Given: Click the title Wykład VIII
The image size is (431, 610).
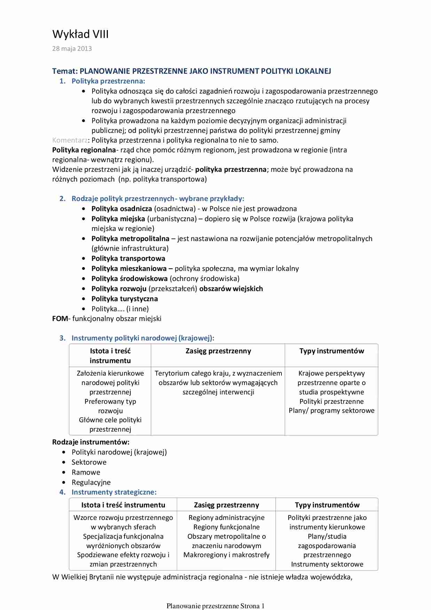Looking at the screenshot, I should point(80,34).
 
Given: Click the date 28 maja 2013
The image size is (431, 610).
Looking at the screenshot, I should point(72,49).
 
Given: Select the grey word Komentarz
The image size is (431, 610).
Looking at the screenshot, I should point(70,140).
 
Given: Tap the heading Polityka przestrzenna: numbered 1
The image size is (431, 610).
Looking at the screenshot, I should point(108,81).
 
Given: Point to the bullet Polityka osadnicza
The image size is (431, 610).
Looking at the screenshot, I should point(121,209).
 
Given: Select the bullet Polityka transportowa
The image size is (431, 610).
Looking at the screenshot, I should point(128,258).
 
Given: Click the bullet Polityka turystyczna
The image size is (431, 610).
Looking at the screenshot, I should point(125,299).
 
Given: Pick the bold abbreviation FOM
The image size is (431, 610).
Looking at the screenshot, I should point(60,319).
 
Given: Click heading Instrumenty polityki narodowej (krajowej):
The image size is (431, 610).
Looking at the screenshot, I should point(143,338).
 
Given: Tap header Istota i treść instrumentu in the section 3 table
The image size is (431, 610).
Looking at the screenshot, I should point(110,355).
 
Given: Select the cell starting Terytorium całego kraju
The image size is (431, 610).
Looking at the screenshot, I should point(218,383).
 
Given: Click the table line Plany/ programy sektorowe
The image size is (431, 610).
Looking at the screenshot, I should point(332,410).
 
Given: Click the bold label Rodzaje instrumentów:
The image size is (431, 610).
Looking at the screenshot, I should point(91,442).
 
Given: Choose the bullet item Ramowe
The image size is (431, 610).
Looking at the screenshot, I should point(86,472).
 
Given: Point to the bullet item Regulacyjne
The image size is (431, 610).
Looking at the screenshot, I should point(91,482).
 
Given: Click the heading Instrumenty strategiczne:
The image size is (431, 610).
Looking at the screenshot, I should point(114,492).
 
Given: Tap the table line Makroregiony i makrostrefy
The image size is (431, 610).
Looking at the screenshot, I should point(226,555).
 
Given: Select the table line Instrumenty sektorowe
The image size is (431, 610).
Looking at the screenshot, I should point(327,564).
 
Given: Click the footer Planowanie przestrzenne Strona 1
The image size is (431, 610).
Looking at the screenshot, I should point(215,606).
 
